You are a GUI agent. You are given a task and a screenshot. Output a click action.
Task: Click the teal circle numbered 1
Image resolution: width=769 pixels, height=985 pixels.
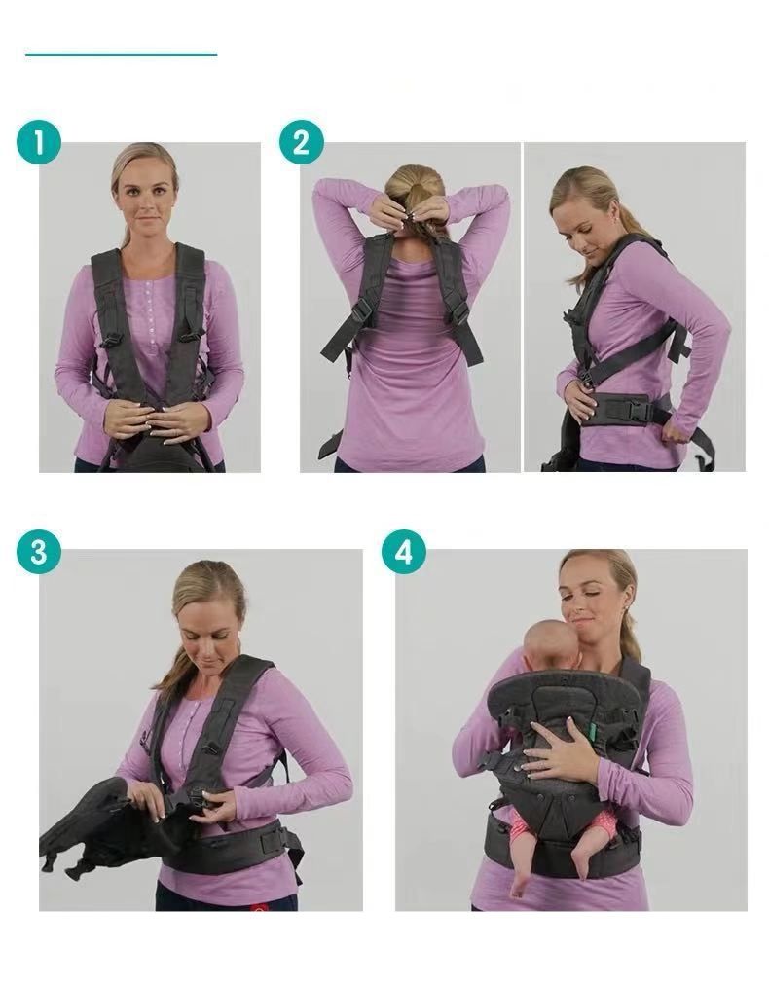[39, 142]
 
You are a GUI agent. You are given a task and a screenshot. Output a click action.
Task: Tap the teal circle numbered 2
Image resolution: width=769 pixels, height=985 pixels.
[302, 142]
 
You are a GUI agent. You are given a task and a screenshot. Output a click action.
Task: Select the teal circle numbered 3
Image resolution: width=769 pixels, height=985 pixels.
[39, 552]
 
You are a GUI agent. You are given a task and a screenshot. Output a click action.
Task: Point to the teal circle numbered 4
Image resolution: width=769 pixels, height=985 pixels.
[404, 552]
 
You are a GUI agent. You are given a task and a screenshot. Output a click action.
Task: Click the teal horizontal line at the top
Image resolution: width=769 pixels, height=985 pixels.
[122, 55]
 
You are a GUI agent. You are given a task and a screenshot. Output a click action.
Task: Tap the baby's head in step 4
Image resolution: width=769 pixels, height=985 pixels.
[553, 645]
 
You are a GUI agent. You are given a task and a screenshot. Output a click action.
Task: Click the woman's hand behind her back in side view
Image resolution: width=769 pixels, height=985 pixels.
[676, 430]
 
